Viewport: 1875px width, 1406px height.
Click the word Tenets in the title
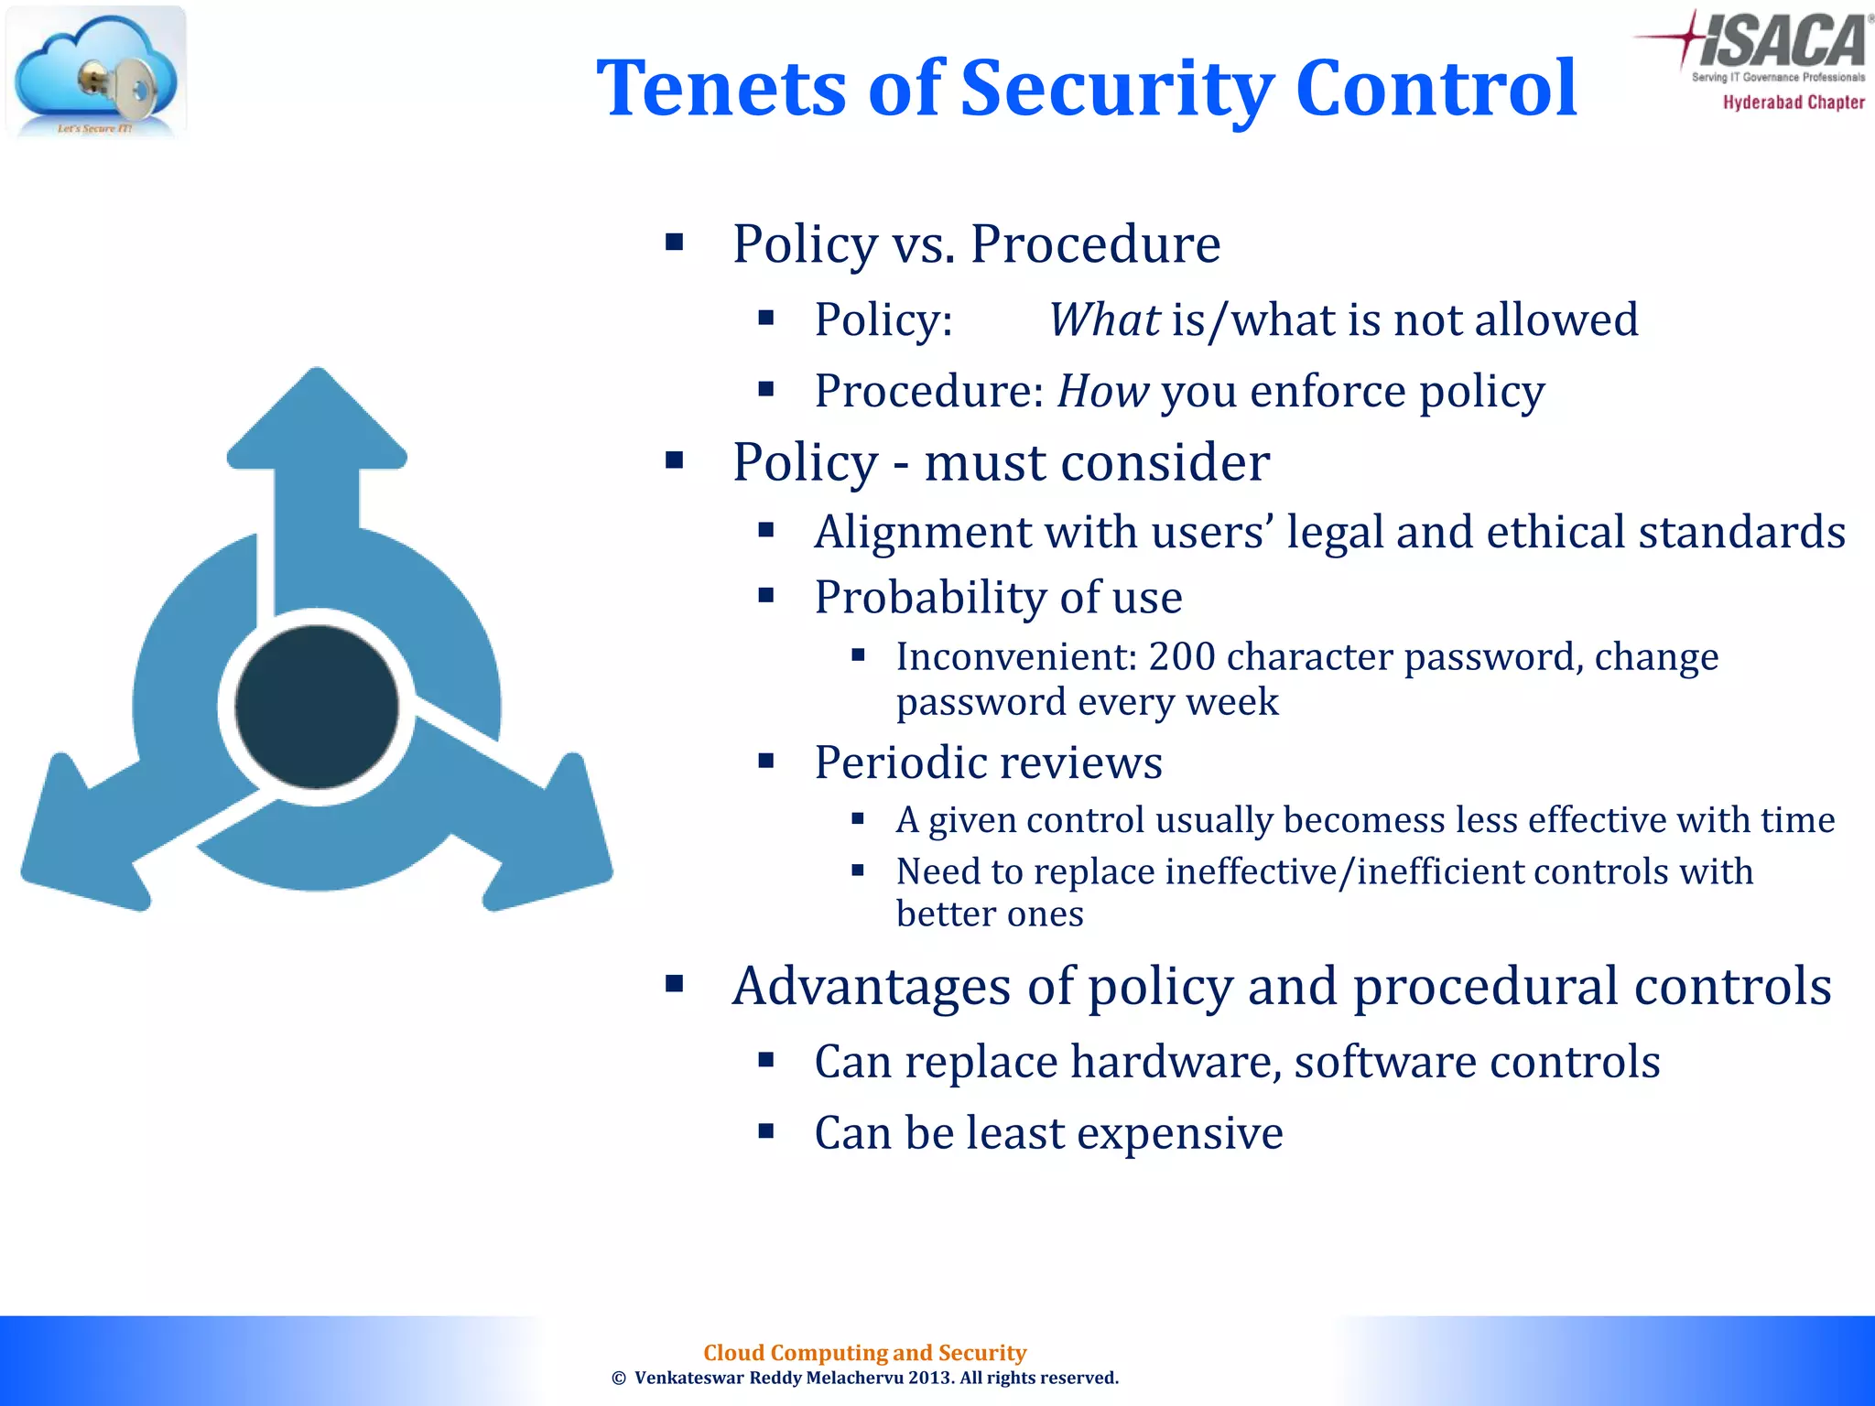click(x=721, y=89)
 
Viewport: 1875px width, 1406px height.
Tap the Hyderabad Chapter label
click(x=1793, y=103)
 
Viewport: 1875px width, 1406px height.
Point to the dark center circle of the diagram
click(x=317, y=706)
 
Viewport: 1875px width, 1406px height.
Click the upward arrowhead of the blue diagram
click(x=317, y=421)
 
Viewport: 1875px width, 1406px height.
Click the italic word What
click(x=1103, y=320)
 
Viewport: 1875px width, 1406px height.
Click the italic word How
click(x=1102, y=392)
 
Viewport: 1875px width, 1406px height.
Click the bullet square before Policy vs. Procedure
click(x=675, y=243)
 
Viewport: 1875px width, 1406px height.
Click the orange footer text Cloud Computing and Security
click(x=864, y=1352)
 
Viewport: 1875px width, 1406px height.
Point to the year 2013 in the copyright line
click(x=930, y=1378)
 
